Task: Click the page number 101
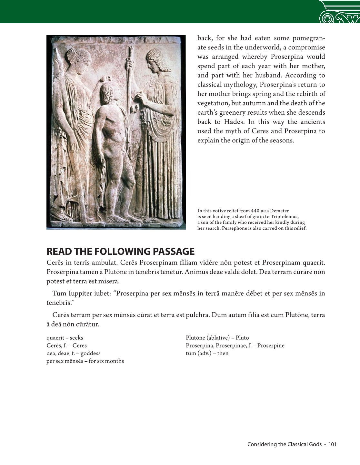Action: click(332, 444)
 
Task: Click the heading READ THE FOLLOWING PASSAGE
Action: click(121, 252)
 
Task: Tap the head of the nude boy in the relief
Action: click(106, 93)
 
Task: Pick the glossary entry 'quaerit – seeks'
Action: click(65, 338)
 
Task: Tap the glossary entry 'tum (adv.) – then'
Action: click(207, 353)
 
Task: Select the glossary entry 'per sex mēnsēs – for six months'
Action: click(85, 361)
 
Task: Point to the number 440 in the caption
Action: click(255, 211)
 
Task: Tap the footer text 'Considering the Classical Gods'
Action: click(284, 444)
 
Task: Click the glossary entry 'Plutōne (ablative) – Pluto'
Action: click(217, 338)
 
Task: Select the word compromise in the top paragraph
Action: click(306, 47)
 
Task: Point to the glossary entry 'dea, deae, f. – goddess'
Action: click(74, 353)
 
